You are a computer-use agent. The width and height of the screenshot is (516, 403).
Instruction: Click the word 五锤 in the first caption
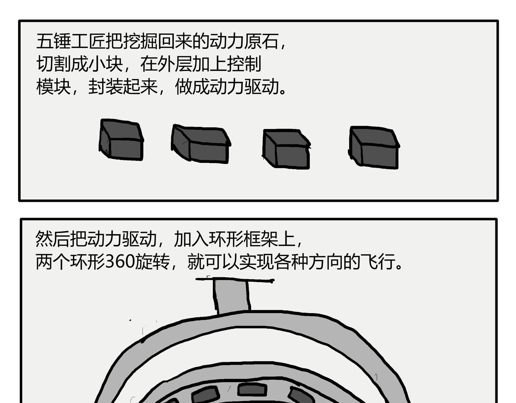click(x=54, y=41)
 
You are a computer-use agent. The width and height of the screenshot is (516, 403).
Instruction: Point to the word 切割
click(x=54, y=64)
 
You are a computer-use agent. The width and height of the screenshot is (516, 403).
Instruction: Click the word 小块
click(x=106, y=64)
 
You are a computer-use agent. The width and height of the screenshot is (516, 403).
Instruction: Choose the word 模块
click(x=54, y=87)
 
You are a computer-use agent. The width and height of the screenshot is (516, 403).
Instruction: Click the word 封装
click(x=106, y=87)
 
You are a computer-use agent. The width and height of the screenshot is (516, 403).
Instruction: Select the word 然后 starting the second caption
click(x=53, y=239)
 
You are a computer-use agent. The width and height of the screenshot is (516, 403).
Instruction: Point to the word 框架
click(x=260, y=239)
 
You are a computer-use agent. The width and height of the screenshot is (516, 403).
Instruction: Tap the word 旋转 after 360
click(x=152, y=262)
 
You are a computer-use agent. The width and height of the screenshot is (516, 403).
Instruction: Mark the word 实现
click(x=256, y=262)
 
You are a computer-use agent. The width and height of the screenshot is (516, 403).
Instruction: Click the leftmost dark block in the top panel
click(x=121, y=140)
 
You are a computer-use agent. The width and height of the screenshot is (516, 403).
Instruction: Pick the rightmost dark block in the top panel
click(x=374, y=147)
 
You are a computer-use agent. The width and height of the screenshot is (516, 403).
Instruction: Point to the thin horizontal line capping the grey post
click(x=235, y=280)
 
